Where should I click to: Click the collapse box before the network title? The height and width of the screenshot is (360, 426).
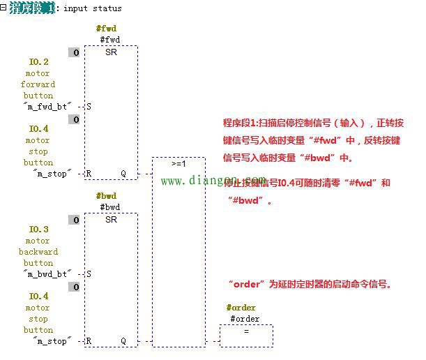click(x=3, y=7)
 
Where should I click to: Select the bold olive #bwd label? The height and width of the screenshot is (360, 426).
click(x=107, y=196)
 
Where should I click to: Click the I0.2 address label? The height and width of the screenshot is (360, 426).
click(x=38, y=62)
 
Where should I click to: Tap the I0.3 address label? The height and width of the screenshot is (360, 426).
click(x=38, y=230)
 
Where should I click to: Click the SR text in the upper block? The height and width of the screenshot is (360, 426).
click(x=111, y=52)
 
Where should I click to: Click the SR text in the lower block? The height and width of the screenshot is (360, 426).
click(x=111, y=220)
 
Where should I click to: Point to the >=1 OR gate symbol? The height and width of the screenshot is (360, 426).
click(x=178, y=164)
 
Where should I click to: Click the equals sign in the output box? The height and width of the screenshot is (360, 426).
click(x=245, y=331)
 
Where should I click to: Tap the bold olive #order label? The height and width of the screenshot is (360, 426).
click(x=241, y=308)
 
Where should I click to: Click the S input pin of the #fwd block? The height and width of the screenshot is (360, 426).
click(x=89, y=107)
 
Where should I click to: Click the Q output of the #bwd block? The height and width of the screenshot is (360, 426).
click(x=123, y=341)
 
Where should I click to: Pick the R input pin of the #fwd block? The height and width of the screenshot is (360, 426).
click(x=89, y=174)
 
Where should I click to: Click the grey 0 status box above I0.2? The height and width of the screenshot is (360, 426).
click(x=74, y=52)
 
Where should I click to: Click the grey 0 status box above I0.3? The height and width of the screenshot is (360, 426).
click(x=74, y=220)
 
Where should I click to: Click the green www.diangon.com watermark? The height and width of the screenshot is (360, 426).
click(x=213, y=181)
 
